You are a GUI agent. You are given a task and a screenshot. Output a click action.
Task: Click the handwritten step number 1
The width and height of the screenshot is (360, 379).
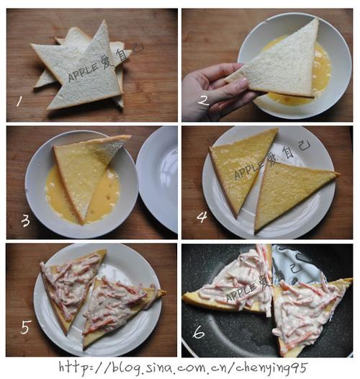[x=19, y=101]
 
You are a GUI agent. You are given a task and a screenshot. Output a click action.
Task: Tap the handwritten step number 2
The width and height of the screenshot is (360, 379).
[x=203, y=101]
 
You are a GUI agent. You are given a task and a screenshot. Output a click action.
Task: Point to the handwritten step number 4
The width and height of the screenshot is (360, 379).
[x=202, y=217]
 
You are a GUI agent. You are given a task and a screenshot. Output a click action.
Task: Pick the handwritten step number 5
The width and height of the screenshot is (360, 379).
[x=26, y=327]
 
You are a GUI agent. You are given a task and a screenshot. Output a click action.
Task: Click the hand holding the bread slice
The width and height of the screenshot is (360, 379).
[x=215, y=92]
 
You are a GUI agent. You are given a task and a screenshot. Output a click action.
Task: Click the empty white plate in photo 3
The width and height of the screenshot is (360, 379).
[x=158, y=179]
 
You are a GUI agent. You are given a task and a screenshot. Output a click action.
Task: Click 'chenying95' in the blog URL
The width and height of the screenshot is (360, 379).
[x=271, y=368]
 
